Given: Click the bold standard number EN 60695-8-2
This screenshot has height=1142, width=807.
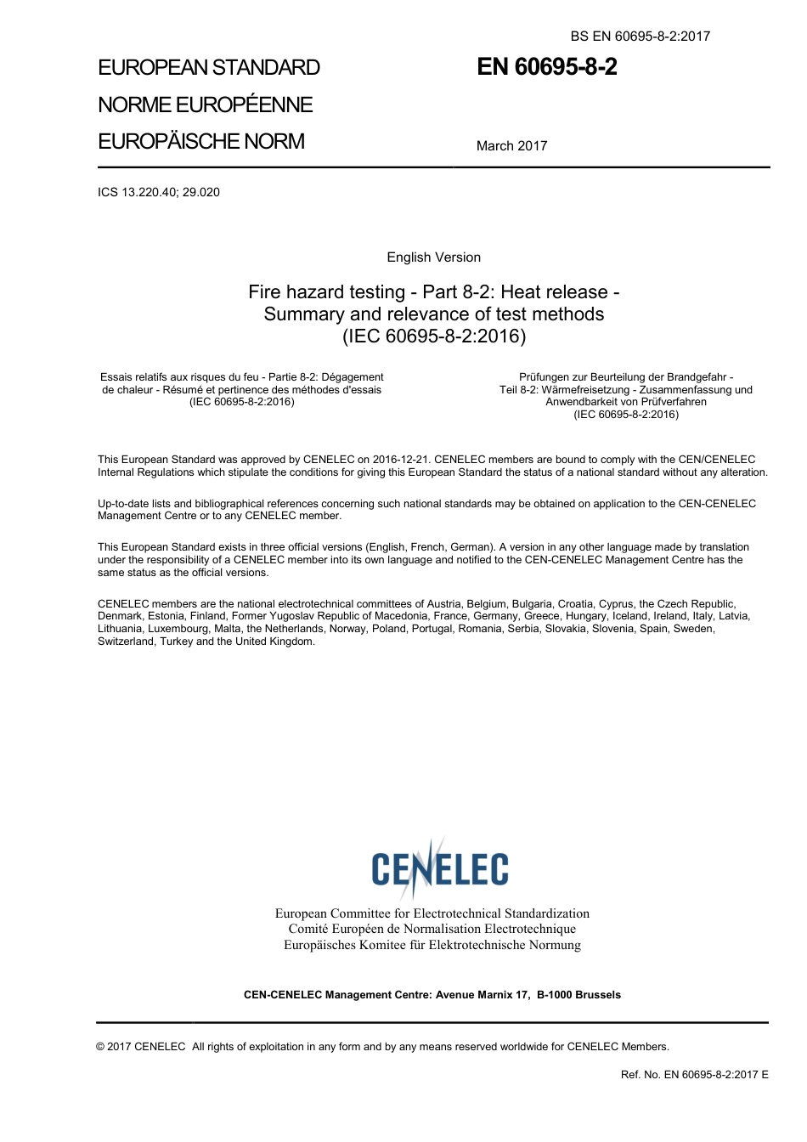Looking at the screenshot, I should (x=546, y=68).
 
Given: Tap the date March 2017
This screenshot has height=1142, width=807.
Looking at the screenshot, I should (x=511, y=146).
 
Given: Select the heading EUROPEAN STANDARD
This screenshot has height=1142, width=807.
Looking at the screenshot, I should (x=209, y=68).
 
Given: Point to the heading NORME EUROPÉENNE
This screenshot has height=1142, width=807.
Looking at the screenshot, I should (x=205, y=105).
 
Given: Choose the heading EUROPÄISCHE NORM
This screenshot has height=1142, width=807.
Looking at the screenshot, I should (x=200, y=141).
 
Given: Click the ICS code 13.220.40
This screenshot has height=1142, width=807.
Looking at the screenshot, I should (x=148, y=192).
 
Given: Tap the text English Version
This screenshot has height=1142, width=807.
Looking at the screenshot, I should (x=433, y=257).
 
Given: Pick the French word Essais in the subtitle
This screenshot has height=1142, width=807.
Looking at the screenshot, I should (x=117, y=377).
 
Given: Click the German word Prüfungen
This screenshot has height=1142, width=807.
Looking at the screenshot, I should (x=545, y=377).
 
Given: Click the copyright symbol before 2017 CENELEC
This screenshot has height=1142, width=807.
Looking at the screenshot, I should (x=101, y=1047).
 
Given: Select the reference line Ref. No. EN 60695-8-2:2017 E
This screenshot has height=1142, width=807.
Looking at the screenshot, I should (x=694, y=1075).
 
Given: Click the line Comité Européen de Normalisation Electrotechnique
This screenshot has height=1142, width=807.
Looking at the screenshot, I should (x=432, y=929).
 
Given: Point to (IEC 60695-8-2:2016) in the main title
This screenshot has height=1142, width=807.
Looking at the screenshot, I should (x=433, y=336).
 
